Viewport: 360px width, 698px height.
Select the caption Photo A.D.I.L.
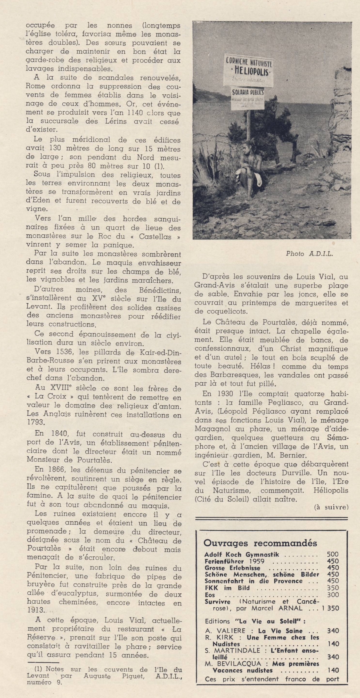(x=309, y=254)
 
